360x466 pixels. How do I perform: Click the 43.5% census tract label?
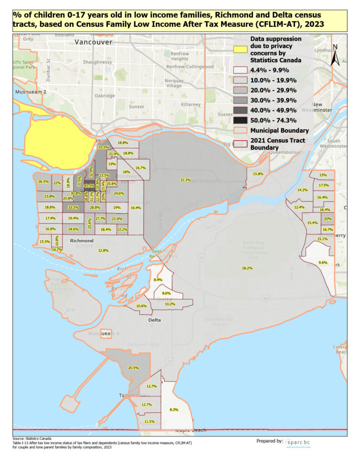click(89, 186)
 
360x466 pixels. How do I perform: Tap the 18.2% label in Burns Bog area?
click(247, 268)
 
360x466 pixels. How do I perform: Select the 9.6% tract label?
click(323, 263)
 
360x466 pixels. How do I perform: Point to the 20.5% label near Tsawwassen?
click(133, 368)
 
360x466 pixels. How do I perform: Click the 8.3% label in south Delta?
click(174, 410)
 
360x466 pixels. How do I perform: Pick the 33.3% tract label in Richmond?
click(73, 207)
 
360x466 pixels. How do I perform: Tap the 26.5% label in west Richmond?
click(44, 182)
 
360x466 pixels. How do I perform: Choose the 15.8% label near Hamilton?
click(259, 174)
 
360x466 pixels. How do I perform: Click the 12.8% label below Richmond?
click(103, 250)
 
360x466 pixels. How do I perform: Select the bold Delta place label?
click(155, 320)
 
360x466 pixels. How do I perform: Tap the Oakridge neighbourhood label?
click(105, 96)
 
